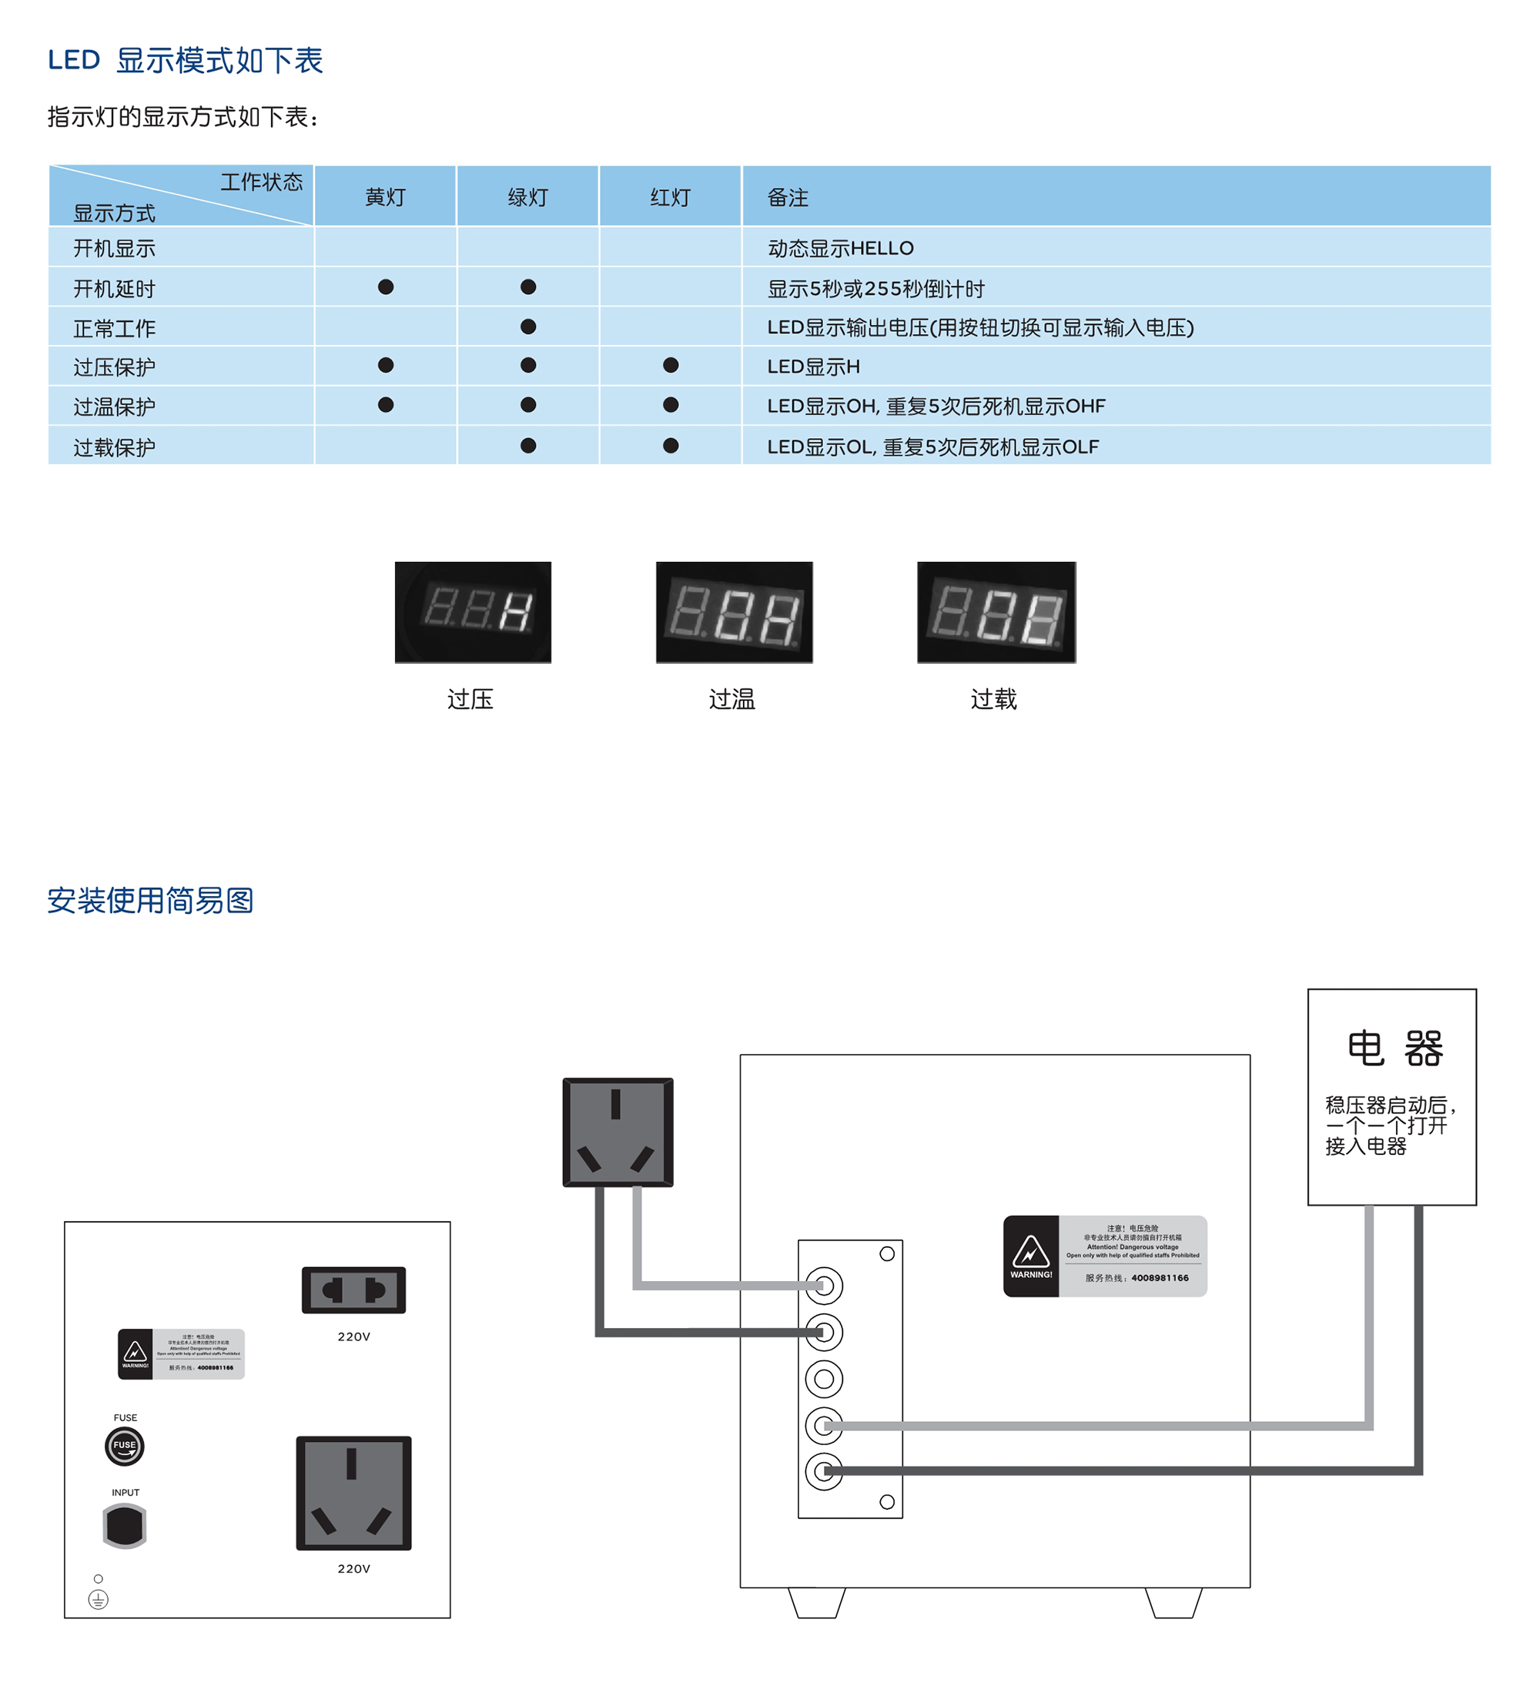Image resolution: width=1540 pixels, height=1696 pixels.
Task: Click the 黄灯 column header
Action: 386,198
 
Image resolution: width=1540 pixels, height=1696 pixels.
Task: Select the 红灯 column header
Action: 670,198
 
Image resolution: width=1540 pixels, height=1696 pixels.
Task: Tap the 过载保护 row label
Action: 115,447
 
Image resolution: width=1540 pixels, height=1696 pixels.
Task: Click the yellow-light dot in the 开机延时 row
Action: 386,288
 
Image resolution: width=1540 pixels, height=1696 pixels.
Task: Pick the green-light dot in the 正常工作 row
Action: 527,326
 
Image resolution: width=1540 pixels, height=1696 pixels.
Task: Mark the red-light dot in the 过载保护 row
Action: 670,446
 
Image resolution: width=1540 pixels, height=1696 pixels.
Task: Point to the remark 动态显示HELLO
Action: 840,248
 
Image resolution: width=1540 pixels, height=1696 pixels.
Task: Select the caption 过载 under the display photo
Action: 993,699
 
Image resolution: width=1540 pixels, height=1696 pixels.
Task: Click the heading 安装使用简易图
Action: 151,900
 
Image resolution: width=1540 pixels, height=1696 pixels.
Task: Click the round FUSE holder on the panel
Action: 125,1446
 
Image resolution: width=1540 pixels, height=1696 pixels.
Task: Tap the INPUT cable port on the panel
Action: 125,1525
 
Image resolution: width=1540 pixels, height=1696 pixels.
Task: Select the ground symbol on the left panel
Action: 99,1599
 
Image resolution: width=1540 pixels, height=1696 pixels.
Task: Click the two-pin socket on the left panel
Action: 353,1290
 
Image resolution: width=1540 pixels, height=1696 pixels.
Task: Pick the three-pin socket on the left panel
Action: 353,1493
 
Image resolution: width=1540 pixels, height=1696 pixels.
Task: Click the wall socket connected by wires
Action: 618,1132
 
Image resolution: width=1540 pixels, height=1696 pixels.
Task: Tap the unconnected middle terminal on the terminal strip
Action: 824,1379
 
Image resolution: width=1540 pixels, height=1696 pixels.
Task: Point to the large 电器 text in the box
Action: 1394,1049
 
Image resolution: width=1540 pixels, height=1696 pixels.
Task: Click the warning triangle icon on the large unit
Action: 1030,1253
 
